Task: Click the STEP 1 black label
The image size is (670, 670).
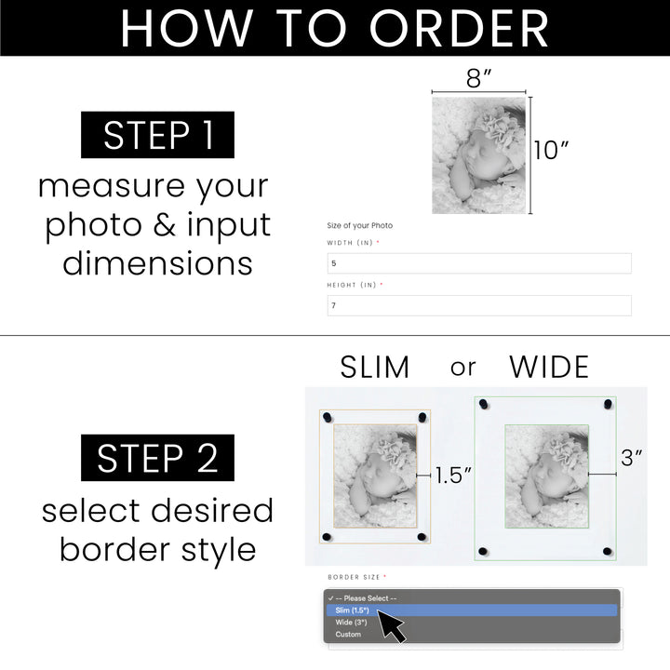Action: tap(157, 135)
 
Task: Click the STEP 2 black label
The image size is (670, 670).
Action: tap(157, 458)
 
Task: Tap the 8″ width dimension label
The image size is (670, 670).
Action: tap(479, 78)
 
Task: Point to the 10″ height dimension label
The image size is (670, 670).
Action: tap(551, 150)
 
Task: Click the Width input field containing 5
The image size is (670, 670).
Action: tap(478, 263)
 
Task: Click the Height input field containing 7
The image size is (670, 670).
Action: tap(478, 305)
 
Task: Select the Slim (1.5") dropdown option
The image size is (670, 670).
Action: tap(353, 610)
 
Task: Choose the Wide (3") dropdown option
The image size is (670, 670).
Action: tap(352, 623)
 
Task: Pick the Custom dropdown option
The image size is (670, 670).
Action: tap(348, 635)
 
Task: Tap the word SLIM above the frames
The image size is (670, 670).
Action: tap(374, 368)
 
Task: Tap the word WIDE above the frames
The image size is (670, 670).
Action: tap(549, 368)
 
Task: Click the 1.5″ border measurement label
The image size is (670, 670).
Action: tap(454, 476)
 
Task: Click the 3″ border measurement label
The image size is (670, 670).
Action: tap(633, 458)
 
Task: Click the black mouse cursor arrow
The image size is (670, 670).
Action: tap(391, 625)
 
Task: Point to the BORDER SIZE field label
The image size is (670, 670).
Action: tap(356, 577)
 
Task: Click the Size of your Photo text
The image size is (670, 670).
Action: tap(360, 225)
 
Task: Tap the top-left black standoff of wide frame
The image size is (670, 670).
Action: tap(481, 405)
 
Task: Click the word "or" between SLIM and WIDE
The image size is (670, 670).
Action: tap(462, 368)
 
